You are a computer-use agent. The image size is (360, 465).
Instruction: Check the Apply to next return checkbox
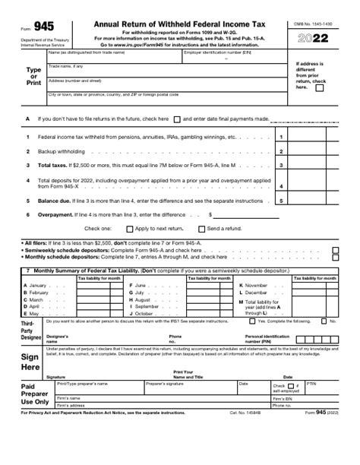[130, 228]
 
